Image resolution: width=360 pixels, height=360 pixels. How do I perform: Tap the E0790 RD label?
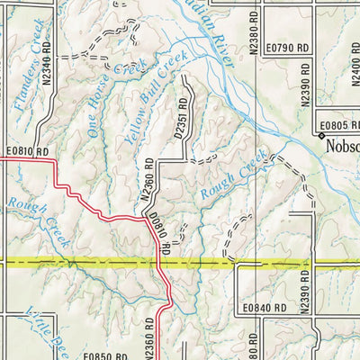tap(287, 46)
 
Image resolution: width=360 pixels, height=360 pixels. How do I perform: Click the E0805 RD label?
tap(337, 125)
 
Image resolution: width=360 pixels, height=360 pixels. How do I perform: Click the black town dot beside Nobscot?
tap(319, 135)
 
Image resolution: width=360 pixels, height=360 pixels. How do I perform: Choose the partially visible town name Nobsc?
tap(343, 145)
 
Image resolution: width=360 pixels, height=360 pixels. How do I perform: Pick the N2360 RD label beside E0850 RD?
tap(149, 343)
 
